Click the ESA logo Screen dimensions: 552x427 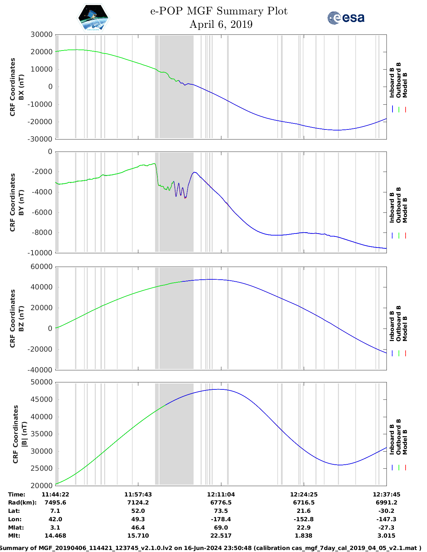coord(346,18)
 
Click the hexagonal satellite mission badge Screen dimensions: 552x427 coord(93,18)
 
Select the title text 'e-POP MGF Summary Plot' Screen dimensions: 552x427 coord(219,11)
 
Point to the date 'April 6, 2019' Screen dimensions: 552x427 coord(221,24)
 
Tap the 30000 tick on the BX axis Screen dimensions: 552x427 coord(42,34)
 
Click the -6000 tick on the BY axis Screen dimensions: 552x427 coord(42,212)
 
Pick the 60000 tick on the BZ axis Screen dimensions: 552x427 coord(42,267)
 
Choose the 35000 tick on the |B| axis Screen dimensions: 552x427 coord(42,434)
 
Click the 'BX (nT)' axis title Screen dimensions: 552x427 coord(21,87)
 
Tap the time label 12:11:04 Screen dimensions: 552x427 coord(221,494)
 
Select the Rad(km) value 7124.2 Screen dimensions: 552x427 coord(138,503)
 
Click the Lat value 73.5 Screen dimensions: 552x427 coord(221,511)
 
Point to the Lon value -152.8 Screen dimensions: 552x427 coord(304,520)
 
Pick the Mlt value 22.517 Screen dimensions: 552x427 coord(221,536)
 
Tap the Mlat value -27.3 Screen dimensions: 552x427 coord(386,528)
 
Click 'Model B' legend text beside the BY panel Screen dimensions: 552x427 coord(405,210)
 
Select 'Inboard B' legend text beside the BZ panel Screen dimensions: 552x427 coord(392,326)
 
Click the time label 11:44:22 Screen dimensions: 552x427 coord(55,494)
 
